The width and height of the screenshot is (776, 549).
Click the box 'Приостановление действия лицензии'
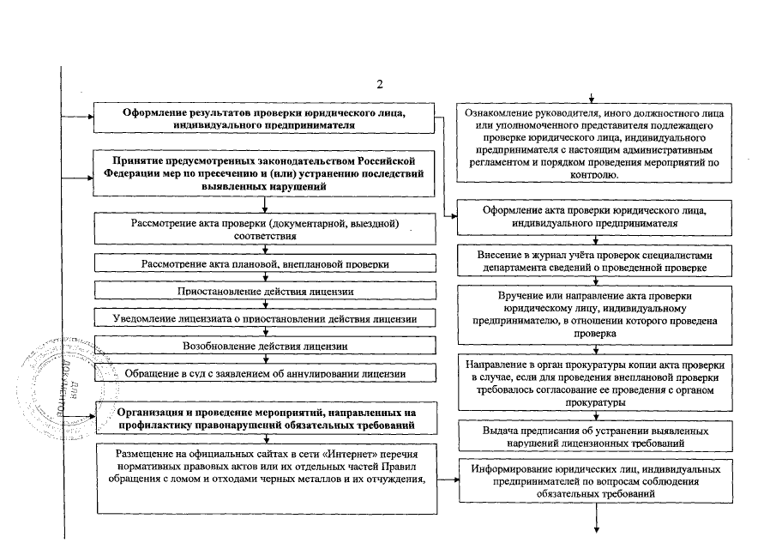pyautogui.click(x=266, y=292)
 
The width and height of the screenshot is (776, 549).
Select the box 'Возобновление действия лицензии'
pyautogui.click(x=266, y=347)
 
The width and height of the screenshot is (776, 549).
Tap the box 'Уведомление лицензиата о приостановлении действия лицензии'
pyautogui.click(x=266, y=319)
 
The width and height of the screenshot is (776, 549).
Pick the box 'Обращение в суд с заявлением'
pyautogui.click(x=266, y=374)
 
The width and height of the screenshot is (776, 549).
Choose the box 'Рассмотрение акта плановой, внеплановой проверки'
pyautogui.click(x=266, y=264)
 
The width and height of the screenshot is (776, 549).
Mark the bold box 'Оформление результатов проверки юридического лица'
pyautogui.click(x=266, y=118)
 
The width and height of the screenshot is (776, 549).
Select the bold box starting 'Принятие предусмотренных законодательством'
pyautogui.click(x=266, y=172)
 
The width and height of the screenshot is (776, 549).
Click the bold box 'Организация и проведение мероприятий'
pyautogui.click(x=266, y=418)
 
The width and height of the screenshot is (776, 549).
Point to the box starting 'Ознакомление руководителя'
pyautogui.click(x=595, y=143)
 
